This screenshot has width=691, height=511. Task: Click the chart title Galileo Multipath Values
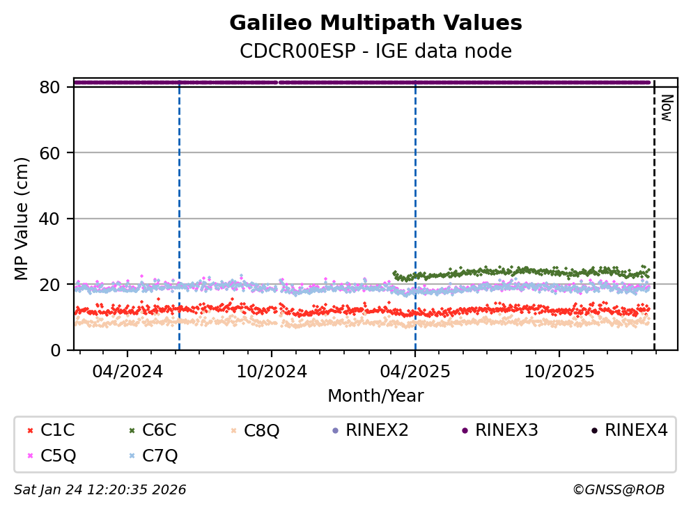375,23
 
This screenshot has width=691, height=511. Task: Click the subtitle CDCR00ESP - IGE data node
375,51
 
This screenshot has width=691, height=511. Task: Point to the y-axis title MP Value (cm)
22,219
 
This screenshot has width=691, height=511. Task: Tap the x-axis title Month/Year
375,396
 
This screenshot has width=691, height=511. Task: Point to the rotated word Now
666,108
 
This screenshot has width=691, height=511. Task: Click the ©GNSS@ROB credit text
619,490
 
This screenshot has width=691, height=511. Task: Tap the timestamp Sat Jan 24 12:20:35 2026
100,490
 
